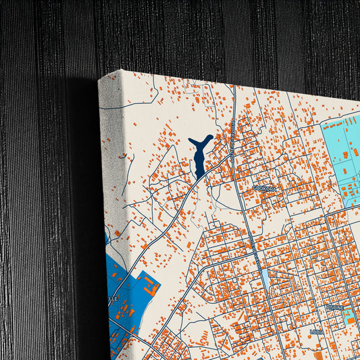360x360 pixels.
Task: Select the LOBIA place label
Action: click(316, 332)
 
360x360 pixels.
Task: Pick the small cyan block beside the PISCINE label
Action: click(350, 316)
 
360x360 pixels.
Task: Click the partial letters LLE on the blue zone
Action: click(111, 298)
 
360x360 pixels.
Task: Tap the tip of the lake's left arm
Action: click(190, 140)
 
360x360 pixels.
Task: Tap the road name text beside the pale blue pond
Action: click(255, 257)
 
